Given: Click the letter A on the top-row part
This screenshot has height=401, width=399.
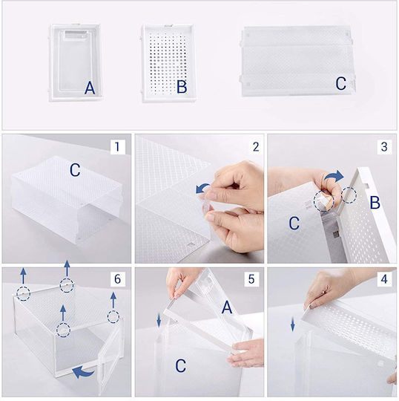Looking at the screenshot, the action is (x=90, y=88).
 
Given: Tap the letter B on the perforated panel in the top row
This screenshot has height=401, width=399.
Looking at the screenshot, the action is (x=182, y=86).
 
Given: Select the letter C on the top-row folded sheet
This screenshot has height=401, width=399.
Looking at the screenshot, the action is (x=340, y=83).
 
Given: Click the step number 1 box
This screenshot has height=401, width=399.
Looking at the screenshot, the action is (x=117, y=147).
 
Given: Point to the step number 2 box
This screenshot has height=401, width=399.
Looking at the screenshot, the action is (x=256, y=147).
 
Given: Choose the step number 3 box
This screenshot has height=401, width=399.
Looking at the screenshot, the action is (x=384, y=147).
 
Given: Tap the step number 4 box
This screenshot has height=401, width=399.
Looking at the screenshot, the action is (x=384, y=279).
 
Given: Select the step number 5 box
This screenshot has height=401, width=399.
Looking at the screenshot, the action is (x=251, y=279).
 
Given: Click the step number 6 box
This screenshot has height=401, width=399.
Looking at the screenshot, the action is (x=117, y=279).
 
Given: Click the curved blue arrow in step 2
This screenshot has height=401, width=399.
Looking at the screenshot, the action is (x=202, y=188).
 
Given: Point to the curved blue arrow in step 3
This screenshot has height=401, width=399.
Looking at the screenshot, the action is (x=334, y=176).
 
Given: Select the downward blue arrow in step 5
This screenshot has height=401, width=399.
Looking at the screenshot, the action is (x=159, y=321).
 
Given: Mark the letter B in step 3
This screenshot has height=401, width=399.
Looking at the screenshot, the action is (x=375, y=203).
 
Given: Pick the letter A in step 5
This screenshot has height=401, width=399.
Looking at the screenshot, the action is (x=227, y=307).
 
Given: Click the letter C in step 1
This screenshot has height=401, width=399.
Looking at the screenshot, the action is (x=75, y=170).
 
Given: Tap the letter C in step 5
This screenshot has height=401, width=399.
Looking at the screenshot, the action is (x=181, y=365).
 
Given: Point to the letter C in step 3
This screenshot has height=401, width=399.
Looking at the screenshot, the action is (x=294, y=224).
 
